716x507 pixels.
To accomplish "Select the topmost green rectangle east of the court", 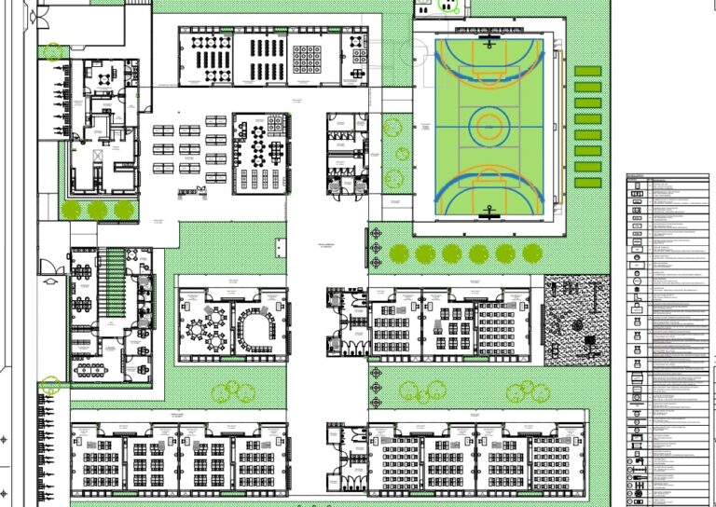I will tap(587, 71).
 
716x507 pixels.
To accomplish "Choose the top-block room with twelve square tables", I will tap(308, 58).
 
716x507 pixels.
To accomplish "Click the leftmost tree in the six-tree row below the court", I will tap(399, 253).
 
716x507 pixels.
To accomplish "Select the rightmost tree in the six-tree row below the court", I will tap(532, 253).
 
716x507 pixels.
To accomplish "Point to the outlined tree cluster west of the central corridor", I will tap(233, 392).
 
